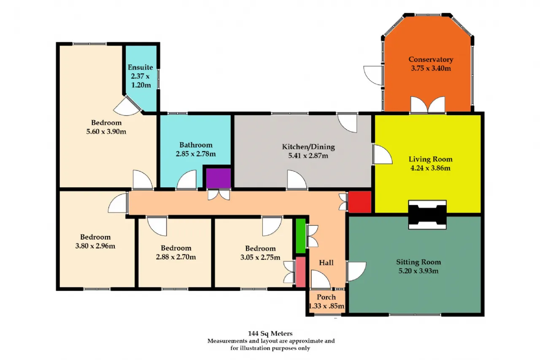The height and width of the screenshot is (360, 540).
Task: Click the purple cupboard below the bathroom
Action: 219,178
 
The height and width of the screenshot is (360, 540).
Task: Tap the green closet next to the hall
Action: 301,236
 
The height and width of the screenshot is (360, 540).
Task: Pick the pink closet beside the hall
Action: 301,272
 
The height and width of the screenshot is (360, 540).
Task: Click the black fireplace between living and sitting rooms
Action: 427,214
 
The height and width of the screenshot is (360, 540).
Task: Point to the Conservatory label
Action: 431,60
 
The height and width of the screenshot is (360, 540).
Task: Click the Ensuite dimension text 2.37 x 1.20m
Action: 140,81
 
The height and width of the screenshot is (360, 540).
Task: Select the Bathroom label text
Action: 196,145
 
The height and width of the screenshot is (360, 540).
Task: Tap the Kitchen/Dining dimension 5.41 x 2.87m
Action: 308,156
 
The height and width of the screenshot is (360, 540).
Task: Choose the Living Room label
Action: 431,159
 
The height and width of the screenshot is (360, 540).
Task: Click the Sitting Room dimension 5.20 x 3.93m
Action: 418,271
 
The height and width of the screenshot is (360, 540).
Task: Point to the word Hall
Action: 326,263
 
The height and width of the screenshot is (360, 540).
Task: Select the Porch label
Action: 326,297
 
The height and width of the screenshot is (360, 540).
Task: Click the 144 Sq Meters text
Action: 270,333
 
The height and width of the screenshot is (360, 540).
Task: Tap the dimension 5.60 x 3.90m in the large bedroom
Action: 106,131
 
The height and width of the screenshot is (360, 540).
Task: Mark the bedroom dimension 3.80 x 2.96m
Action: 95,246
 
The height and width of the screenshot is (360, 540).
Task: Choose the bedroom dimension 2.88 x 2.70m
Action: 176,257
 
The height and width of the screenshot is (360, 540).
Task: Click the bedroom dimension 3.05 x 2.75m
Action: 260,257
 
